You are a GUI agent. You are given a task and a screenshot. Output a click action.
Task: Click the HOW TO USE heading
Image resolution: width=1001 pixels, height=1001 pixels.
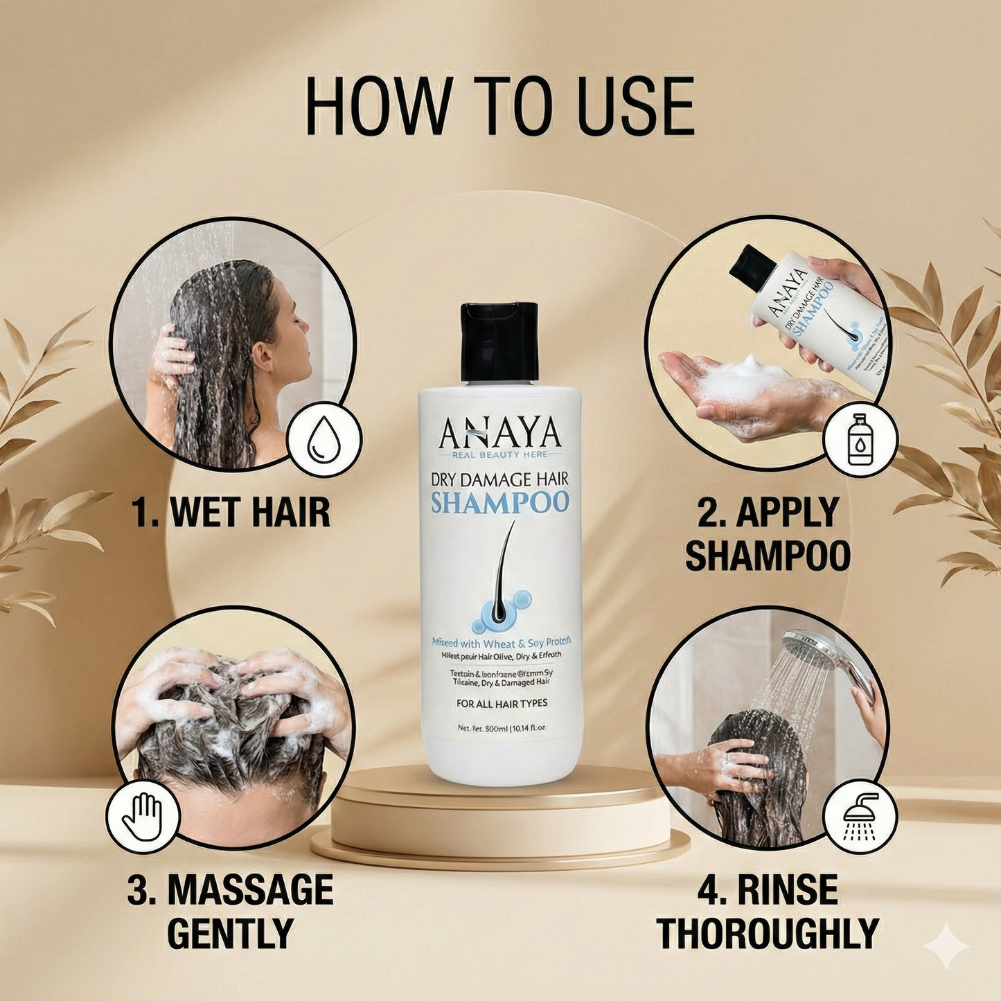point(499,107)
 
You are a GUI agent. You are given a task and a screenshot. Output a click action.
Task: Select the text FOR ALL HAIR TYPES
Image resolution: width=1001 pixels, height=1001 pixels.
point(502,703)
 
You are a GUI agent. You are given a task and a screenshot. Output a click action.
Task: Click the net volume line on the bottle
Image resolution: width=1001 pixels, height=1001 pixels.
point(502,728)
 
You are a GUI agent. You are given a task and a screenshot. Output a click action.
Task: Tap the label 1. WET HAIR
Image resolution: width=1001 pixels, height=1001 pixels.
point(231,513)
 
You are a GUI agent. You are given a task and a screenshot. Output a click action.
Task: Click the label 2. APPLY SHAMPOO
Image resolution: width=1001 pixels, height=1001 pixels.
point(768,533)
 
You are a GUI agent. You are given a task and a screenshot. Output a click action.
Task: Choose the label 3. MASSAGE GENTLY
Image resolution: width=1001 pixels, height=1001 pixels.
point(231,911)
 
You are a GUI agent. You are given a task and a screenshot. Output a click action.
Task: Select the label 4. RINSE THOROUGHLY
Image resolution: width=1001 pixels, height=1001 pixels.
point(768,911)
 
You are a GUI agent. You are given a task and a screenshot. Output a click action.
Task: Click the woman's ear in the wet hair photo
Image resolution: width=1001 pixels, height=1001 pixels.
point(263,355)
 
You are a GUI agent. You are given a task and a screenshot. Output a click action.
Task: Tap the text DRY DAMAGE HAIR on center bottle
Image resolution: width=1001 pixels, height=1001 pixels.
point(499,479)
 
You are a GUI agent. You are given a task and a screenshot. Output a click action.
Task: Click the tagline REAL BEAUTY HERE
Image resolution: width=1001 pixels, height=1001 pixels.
point(499,454)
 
